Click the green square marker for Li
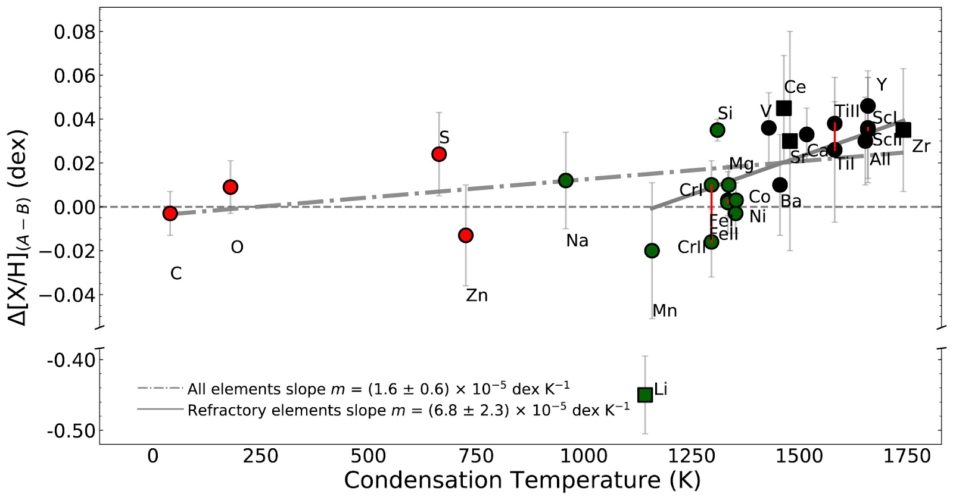(645, 395)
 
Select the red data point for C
(170, 213)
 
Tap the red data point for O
(231, 187)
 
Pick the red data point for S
(439, 154)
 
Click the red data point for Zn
(466, 235)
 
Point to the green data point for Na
(566, 180)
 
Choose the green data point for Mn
(652, 251)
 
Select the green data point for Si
(718, 130)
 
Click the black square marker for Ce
(784, 108)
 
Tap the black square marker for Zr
(904, 130)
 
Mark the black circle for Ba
(780, 185)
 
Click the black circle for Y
(868, 105)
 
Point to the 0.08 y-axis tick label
(74, 32)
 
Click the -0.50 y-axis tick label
(71, 430)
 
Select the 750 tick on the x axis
(476, 457)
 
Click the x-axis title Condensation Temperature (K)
(522, 480)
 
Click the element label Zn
(476, 295)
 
